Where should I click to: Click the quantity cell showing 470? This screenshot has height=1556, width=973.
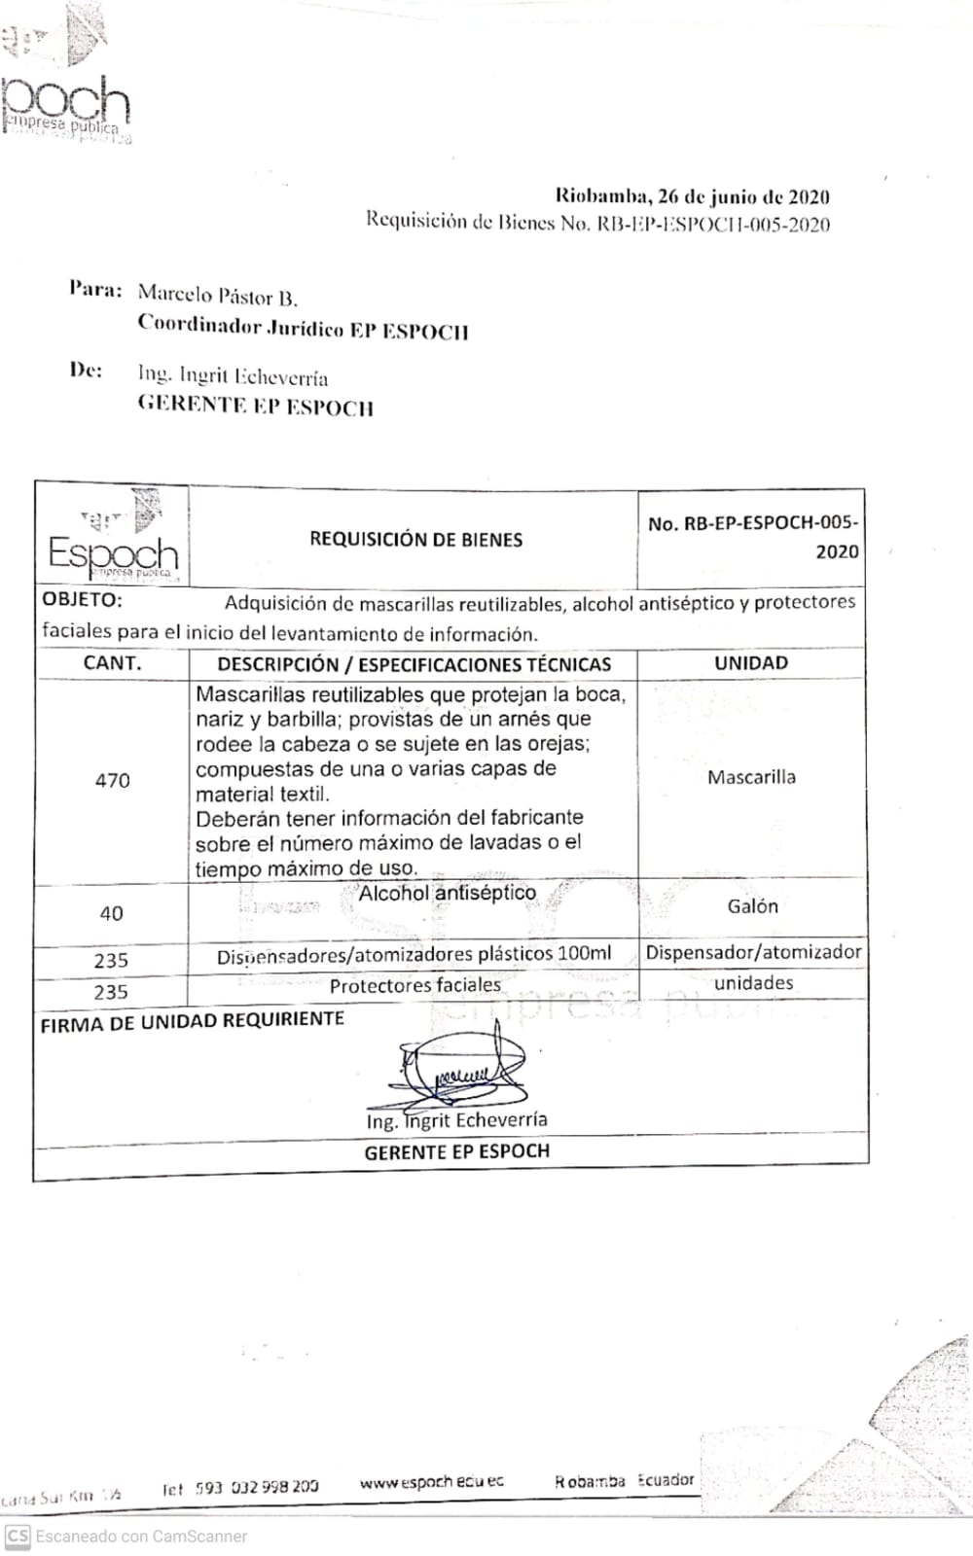tap(112, 780)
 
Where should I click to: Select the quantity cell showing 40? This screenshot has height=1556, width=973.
tap(111, 913)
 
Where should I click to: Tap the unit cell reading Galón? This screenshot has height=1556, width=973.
tap(752, 906)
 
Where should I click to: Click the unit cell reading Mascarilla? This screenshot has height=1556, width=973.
tap(751, 777)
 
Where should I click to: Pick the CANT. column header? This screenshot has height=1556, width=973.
tap(112, 663)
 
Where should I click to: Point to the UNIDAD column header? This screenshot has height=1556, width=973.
tap(751, 663)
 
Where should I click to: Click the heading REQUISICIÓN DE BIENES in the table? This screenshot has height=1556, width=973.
tap(415, 539)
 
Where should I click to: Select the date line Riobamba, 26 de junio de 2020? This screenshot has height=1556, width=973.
tap(692, 196)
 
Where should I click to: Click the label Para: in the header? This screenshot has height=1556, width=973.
tap(95, 289)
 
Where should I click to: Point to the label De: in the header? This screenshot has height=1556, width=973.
tap(86, 371)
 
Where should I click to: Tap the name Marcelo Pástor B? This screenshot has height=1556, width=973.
tap(217, 295)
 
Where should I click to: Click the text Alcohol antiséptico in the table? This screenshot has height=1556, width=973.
tap(447, 893)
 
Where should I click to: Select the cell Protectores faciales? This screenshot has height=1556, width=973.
tap(414, 985)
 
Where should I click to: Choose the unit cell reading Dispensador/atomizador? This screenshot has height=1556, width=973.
tap(753, 952)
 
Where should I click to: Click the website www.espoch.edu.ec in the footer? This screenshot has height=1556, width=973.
tap(432, 1482)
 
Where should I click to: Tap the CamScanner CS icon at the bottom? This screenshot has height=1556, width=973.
tap(18, 1537)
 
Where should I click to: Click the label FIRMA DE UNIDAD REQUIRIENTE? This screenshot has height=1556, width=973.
tap(192, 1021)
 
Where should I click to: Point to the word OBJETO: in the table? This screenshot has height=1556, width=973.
tap(82, 599)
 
